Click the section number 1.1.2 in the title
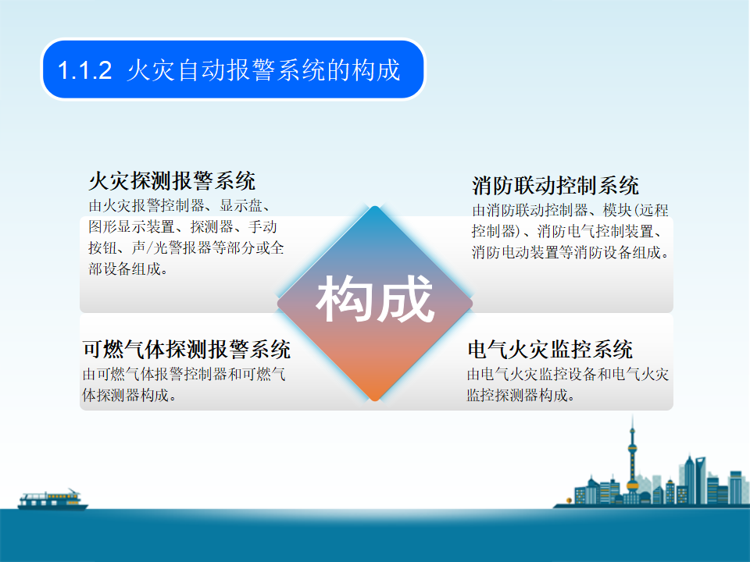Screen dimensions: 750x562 pyautogui.click(x=84, y=70)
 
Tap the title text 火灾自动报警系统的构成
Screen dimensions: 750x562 pyautogui.click(x=263, y=70)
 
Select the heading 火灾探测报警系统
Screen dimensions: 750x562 pyautogui.click(x=172, y=181)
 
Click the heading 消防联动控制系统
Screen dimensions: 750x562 pyautogui.click(x=555, y=186)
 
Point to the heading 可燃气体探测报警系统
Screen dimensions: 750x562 pyautogui.click(x=187, y=350)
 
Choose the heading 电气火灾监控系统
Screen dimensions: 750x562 pyautogui.click(x=550, y=350)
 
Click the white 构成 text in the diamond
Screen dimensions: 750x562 pyautogui.click(x=375, y=300)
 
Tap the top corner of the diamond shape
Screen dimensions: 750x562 pyautogui.click(x=375, y=206)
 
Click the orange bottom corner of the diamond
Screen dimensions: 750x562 pyautogui.click(x=375, y=400)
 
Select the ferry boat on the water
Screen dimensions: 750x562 pyautogui.click(x=52, y=500)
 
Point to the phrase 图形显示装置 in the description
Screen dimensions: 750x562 pyautogui.click(x=131, y=226)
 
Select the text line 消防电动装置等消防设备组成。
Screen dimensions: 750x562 pyautogui.click(x=570, y=252)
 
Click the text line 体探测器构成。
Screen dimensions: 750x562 pyautogui.click(x=130, y=395)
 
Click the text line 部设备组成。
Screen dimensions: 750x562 pyautogui.click(x=129, y=269)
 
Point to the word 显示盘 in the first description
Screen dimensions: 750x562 pyautogui.click(x=241, y=205)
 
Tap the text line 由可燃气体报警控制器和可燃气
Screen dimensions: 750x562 pyautogui.click(x=184, y=374)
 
